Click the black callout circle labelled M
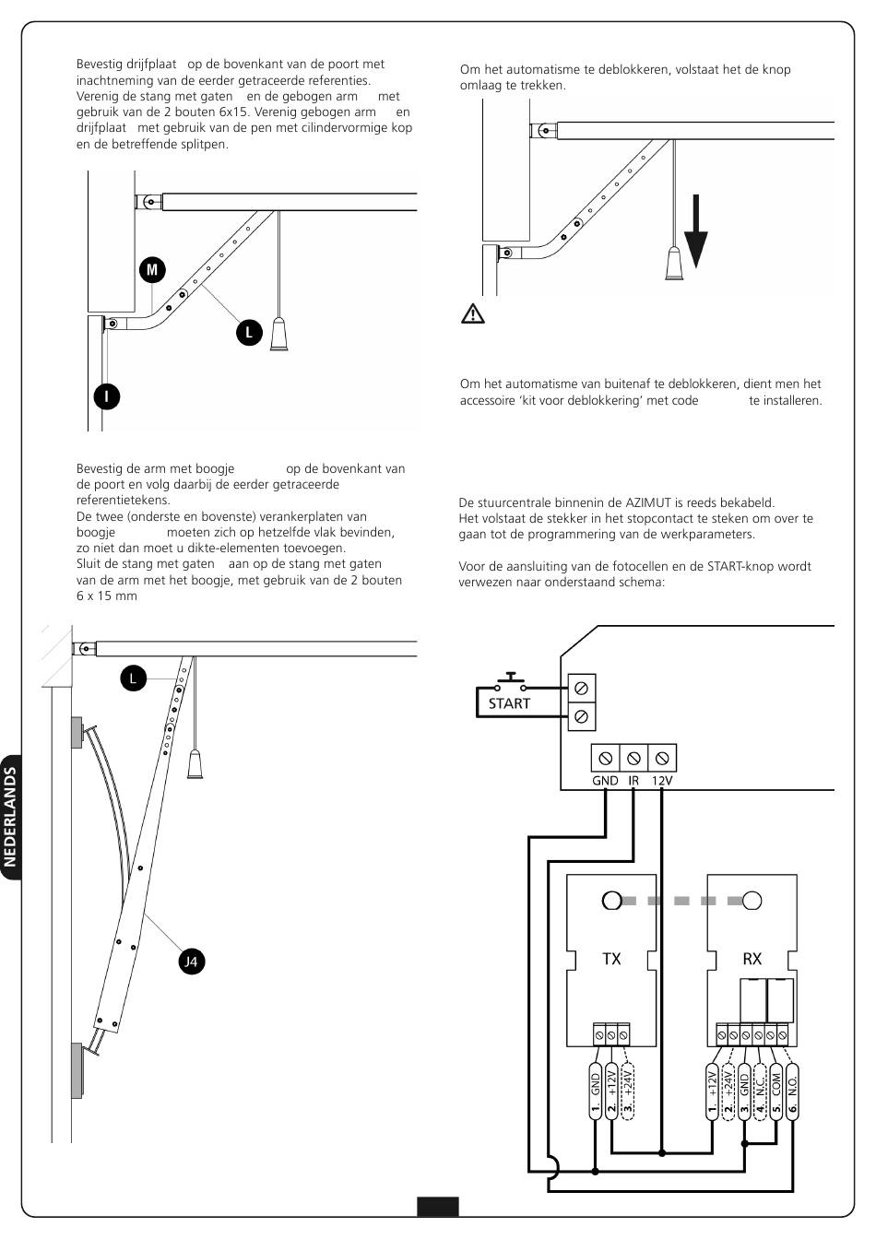coord(152,270)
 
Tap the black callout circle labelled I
coord(107,396)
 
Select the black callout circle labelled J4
coord(192,962)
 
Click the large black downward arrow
coord(696,231)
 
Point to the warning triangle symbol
coord(473,313)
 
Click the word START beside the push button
coord(509,703)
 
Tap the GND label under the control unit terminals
coord(605,781)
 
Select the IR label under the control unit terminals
coord(633,781)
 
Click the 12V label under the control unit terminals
coord(662,781)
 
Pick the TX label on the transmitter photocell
coord(611,959)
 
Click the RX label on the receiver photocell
coord(752,959)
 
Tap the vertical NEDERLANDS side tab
coord(10,817)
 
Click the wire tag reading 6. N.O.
coord(792,1091)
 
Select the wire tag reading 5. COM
coord(775,1091)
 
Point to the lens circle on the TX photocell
coord(611,901)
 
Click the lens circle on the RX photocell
coord(752,901)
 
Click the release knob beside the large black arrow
coord(675,264)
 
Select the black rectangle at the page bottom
coord(438,1207)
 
